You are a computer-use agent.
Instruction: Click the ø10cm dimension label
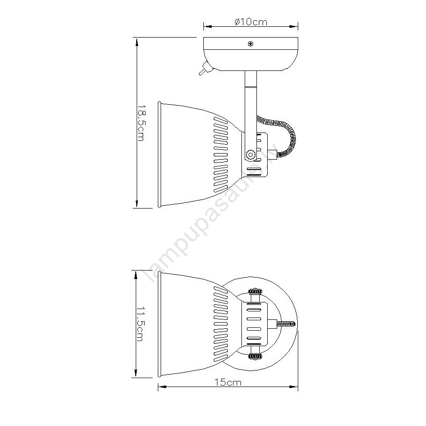[251, 22]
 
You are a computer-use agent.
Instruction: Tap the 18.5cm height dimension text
[140, 124]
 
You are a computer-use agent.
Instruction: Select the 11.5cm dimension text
[140, 324]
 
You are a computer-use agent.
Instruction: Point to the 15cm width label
[228, 382]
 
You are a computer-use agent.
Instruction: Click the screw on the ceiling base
[250, 44]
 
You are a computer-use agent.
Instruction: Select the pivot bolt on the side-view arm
[250, 155]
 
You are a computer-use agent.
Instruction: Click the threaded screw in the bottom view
[286, 324]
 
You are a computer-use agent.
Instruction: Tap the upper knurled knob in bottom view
[255, 292]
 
